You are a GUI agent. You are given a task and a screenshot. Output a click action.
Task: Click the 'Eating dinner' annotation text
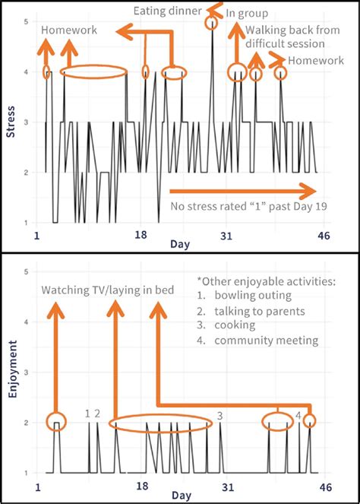pos(167,11)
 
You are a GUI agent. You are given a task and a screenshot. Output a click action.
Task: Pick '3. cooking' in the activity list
pos(236,325)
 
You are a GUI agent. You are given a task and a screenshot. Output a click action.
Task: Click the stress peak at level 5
pos(211,23)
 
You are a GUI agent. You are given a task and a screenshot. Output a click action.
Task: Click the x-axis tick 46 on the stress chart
pos(323,236)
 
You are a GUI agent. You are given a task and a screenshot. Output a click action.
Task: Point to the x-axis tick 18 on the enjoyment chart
pos(141,487)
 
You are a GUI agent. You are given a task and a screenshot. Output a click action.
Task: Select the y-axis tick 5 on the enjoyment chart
pos(27,272)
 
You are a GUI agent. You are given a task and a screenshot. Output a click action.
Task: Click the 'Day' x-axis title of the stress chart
pos(180,244)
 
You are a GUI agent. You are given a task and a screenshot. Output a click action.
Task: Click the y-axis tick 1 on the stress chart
pos(27,223)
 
